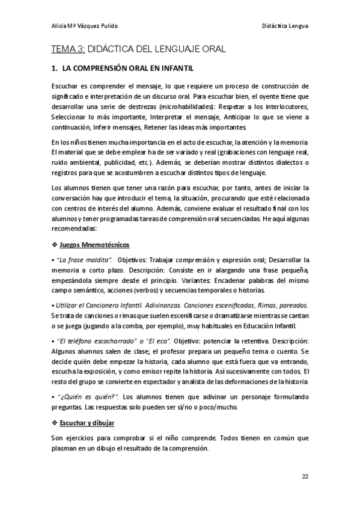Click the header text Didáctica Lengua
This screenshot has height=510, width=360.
(x=285, y=25)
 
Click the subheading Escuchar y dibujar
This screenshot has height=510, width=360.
(x=88, y=423)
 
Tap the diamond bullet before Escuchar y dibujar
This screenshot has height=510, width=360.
(x=55, y=423)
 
